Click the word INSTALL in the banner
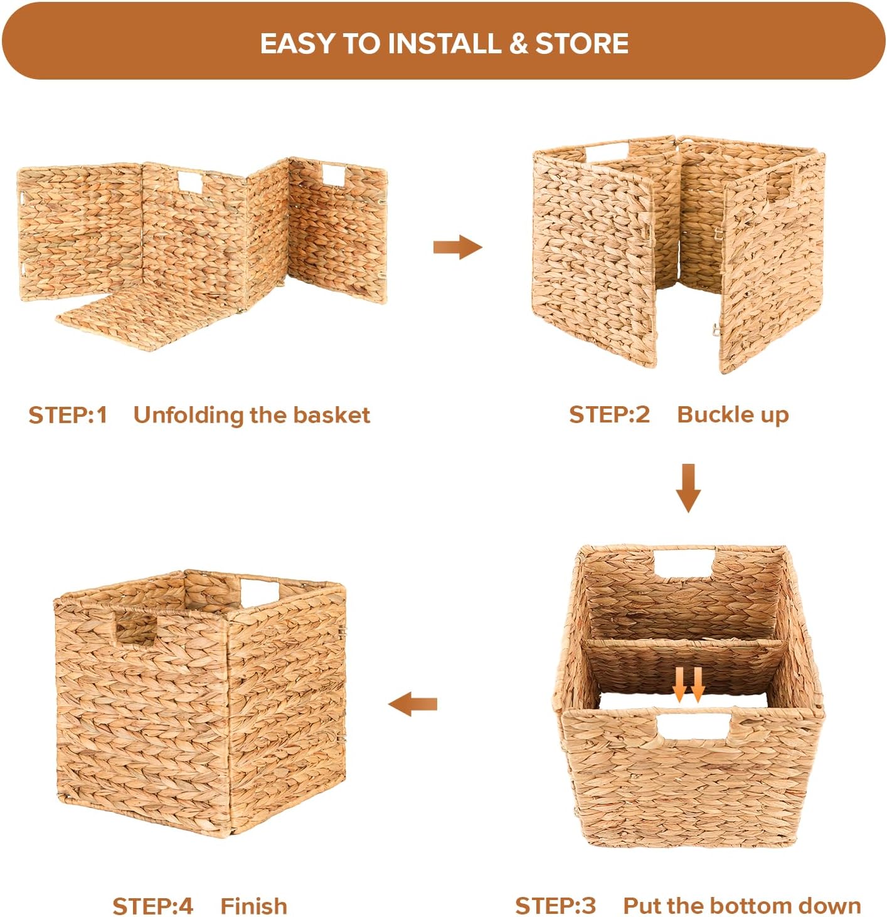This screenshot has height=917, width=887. pos(443,43)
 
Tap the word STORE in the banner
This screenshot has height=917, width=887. pos(582,43)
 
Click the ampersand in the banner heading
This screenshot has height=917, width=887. pos(518,43)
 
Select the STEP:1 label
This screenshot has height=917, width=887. pos(68,415)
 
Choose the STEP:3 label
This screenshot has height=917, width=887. pos(555,906)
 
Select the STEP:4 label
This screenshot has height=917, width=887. pos(153,906)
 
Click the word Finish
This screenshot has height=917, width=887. pos(253,906)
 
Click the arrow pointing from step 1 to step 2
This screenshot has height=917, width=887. pos(457,247)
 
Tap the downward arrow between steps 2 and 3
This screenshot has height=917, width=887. pos(688,488)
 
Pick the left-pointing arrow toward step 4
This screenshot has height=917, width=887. pos(412,704)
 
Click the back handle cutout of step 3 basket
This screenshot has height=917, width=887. pos(684,562)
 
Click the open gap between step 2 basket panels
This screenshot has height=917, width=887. pos(688,330)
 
